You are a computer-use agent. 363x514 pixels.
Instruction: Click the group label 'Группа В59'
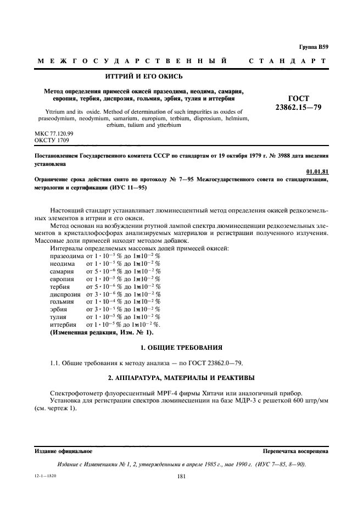314,48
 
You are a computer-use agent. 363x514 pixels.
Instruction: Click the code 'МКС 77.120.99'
54,133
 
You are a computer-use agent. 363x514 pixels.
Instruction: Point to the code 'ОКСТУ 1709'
51,141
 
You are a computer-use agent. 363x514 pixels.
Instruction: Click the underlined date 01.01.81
318,172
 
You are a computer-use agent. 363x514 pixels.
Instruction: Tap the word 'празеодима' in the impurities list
66,256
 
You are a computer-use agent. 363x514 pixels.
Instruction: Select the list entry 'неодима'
62,264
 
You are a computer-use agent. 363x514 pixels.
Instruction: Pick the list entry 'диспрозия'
65,294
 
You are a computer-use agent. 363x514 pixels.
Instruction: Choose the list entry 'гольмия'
62,301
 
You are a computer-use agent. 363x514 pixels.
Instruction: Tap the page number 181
182,477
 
